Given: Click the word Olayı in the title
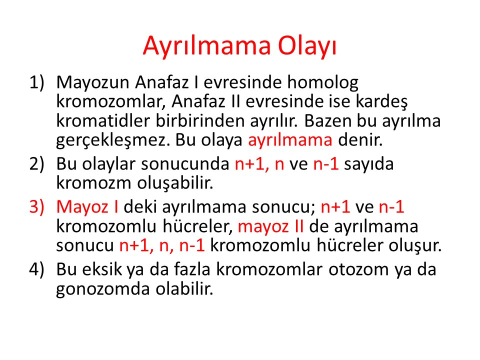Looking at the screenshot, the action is pyautogui.click(x=307, y=46).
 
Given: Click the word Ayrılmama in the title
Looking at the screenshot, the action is pyautogui.click(x=207, y=46).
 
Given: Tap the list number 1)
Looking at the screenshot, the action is pyautogui.click(x=36, y=83).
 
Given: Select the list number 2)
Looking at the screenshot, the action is pyautogui.click(x=36, y=164).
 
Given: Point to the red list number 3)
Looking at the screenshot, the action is pyautogui.click(x=36, y=207).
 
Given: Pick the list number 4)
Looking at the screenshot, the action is pyautogui.click(x=36, y=269).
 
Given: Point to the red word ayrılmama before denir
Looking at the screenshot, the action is pyautogui.click(x=290, y=140).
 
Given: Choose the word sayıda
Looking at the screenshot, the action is pyautogui.click(x=369, y=164).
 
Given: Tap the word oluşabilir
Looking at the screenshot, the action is pyautogui.click(x=175, y=183).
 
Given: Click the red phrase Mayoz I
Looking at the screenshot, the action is pyautogui.click(x=87, y=207).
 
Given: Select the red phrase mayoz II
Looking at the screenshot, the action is pyautogui.click(x=271, y=227).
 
